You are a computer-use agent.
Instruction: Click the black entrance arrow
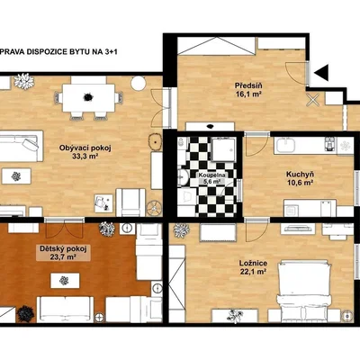tap(322, 72)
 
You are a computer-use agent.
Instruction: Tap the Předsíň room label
tap(247, 85)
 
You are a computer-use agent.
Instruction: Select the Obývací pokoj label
tap(85, 148)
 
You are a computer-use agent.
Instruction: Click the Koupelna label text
tap(211, 175)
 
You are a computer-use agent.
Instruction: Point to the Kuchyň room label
tap(295, 174)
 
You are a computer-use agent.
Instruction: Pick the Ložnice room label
tap(253, 263)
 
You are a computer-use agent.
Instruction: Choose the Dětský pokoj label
tap(63, 248)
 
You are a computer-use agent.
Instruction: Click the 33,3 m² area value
tap(85, 156)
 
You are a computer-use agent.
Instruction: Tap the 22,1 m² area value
tap(254, 272)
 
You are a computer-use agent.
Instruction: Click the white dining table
tap(88, 98)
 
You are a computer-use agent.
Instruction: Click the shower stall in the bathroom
tap(223, 149)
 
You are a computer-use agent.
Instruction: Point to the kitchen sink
tap(287, 146)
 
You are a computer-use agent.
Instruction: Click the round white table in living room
tap(139, 83)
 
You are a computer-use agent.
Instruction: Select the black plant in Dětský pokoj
tap(25, 313)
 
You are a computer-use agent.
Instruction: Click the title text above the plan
tap(58, 51)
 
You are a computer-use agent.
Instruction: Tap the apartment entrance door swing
tap(296, 73)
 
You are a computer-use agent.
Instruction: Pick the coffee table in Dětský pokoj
tap(65, 281)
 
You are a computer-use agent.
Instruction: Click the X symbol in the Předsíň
tap(313, 99)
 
